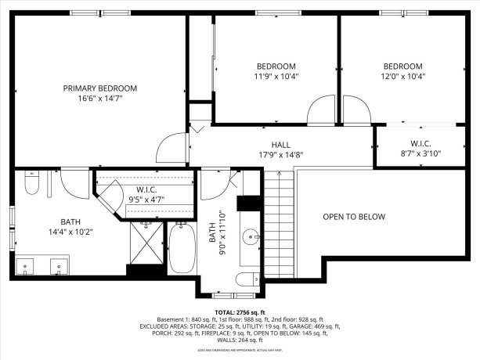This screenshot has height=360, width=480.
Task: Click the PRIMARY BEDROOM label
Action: pos(100,88)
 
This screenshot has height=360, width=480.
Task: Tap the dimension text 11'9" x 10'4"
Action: pos(276,77)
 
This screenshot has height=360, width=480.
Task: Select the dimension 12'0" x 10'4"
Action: pos(402,77)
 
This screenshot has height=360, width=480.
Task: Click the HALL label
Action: pos(281,145)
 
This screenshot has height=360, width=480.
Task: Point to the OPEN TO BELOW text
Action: pos(354,217)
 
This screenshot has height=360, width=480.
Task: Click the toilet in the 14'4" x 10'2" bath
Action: pos(31,185)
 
